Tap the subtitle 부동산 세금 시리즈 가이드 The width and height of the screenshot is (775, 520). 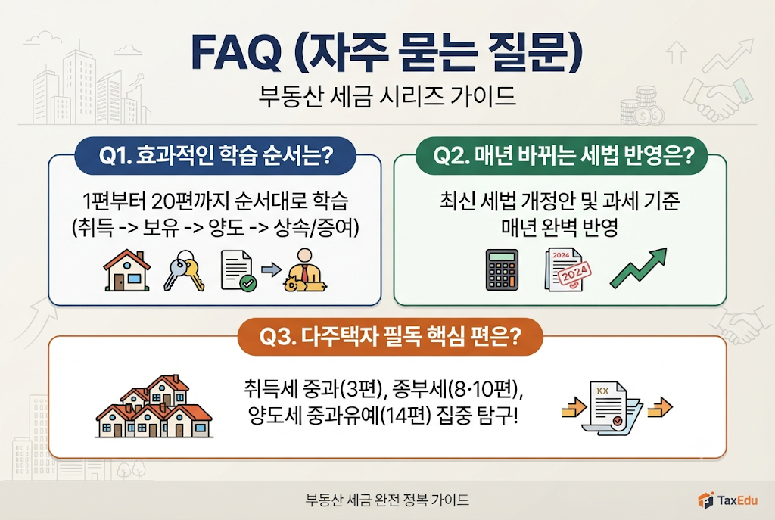pyautogui.click(x=387, y=96)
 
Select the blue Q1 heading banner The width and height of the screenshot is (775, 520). pyautogui.click(x=216, y=156)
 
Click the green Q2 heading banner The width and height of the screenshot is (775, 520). pyautogui.click(x=561, y=156)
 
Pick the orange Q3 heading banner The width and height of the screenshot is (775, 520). pyautogui.click(x=390, y=337)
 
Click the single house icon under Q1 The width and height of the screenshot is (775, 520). pyautogui.click(x=127, y=270)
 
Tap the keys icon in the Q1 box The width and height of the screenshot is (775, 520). pyautogui.click(x=184, y=271)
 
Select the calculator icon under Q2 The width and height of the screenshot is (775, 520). pyautogui.click(x=503, y=269)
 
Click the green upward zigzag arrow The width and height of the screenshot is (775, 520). pyautogui.click(x=639, y=268)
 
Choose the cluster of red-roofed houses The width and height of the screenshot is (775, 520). pyautogui.click(x=154, y=406)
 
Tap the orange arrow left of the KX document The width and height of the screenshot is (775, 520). pyautogui.click(x=574, y=408)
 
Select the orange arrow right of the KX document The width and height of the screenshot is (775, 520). pyautogui.click(x=660, y=408)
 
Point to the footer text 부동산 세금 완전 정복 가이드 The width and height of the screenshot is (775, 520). pyautogui.click(x=387, y=500)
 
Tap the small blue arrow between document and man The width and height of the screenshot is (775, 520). pyautogui.click(x=271, y=270)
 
